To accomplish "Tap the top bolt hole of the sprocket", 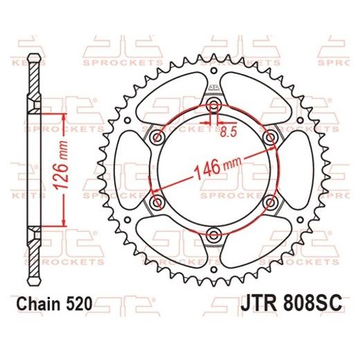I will pos(214,105).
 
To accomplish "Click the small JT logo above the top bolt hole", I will pos(214,86).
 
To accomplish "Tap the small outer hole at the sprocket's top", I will pos(214,71).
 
